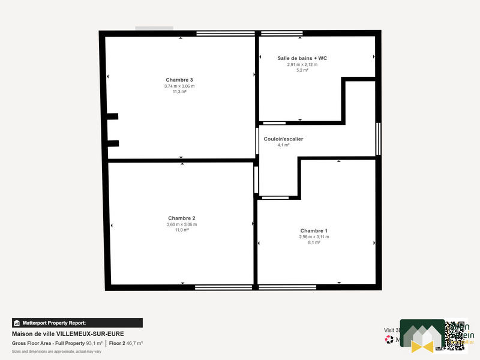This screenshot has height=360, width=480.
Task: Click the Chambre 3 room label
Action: pyautogui.click(x=179, y=80)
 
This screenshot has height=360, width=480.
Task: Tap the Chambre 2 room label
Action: pyautogui.click(x=182, y=218)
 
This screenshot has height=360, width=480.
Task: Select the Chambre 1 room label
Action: pyautogui.click(x=314, y=230)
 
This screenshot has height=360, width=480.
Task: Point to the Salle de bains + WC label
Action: pyautogui.click(x=302, y=58)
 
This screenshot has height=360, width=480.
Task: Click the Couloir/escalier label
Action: pyautogui.click(x=283, y=139)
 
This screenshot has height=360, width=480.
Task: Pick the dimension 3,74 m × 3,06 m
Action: pyautogui.click(x=179, y=86)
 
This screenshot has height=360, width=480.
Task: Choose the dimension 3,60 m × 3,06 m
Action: pyautogui.click(x=182, y=224)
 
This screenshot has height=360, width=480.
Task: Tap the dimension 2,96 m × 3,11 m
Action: pyautogui.click(x=314, y=236)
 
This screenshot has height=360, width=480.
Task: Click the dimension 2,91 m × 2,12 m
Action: pyautogui.click(x=302, y=64)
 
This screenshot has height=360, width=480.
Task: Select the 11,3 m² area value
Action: pyautogui.click(x=179, y=92)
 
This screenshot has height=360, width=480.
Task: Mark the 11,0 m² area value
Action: pyautogui.click(x=182, y=230)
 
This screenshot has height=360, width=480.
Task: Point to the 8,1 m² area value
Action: pyautogui.click(x=314, y=242)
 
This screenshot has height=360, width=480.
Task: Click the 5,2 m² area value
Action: pyautogui.click(x=302, y=70)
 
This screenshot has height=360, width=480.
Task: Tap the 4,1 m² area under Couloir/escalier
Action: pyautogui.click(x=283, y=145)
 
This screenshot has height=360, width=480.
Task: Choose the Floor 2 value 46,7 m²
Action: pyautogui.click(x=134, y=343)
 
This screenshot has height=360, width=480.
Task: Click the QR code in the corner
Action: pyautogui.click(x=455, y=335)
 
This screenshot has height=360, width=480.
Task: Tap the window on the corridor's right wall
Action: pyautogui.click(x=379, y=139)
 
